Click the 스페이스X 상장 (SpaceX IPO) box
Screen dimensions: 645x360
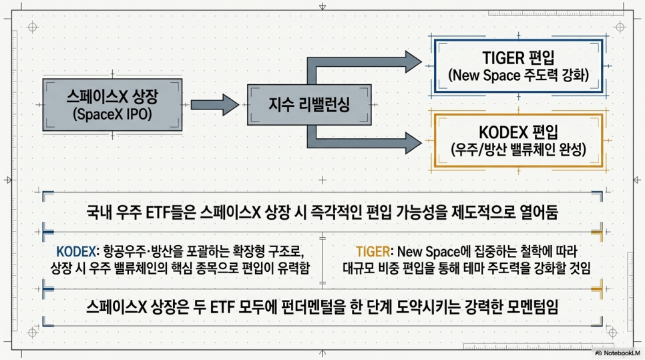(112, 105)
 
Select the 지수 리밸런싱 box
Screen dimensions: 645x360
(309, 105)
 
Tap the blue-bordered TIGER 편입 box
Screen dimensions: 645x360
(518, 66)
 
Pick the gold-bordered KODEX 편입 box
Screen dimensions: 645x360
(518, 141)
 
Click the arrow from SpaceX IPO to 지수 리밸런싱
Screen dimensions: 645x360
(215, 105)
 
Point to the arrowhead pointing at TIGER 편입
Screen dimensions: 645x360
(413, 61)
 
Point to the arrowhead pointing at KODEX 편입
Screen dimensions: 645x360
(413, 143)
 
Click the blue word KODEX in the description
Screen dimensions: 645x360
(76, 251)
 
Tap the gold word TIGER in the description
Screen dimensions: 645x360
(373, 251)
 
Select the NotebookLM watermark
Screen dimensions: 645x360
(618, 353)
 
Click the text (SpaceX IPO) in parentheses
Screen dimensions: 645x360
(112, 114)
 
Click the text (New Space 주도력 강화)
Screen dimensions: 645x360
(518, 75)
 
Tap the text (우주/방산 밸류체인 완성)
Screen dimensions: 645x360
(518, 150)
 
